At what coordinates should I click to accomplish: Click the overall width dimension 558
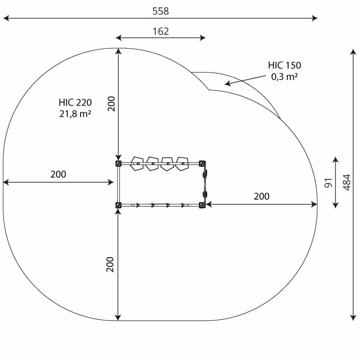(x=161, y=11)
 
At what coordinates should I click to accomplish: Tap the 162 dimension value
(x=161, y=31)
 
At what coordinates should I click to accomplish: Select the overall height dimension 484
(x=346, y=182)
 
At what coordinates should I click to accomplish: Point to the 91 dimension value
(x=328, y=183)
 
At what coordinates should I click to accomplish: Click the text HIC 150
(x=284, y=65)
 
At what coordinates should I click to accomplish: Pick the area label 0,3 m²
(x=284, y=76)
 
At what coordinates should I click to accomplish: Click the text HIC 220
(x=75, y=103)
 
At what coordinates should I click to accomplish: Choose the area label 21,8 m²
(x=75, y=114)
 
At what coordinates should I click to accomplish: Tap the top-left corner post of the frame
(x=118, y=163)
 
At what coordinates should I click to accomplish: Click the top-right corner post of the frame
(x=202, y=163)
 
